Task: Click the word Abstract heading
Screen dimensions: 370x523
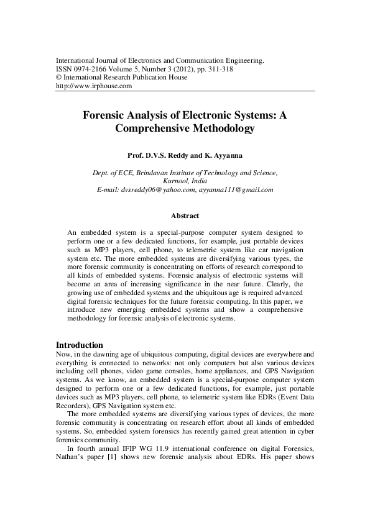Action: click(x=185, y=216)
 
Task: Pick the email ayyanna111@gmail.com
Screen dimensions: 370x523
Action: click(x=236, y=189)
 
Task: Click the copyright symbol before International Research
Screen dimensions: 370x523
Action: click(x=59, y=78)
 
